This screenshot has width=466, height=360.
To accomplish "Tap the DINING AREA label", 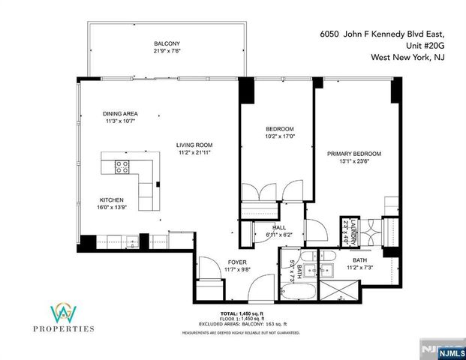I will tap(120, 114).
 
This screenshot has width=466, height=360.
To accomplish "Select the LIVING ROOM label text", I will tap(194, 145).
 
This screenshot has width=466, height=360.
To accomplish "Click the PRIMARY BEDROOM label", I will tap(353, 154).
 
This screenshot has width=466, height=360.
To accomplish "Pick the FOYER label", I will tap(238, 262).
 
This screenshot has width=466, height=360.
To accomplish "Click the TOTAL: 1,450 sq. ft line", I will tap(241, 313).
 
